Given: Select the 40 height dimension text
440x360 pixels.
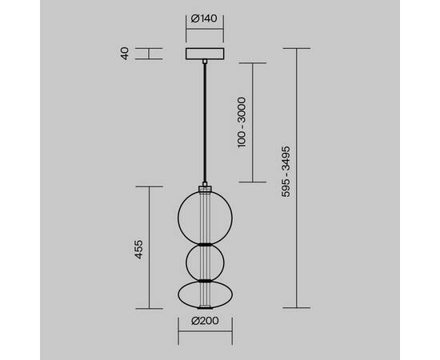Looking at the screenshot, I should tap(125, 54).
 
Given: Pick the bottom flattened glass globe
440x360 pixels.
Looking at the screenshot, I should tap(206, 294).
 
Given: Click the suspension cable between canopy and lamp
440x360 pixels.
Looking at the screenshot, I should tap(206, 120).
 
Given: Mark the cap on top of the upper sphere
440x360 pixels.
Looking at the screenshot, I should tap(206, 189).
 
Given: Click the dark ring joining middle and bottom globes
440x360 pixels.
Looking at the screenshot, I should tap(206, 280).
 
